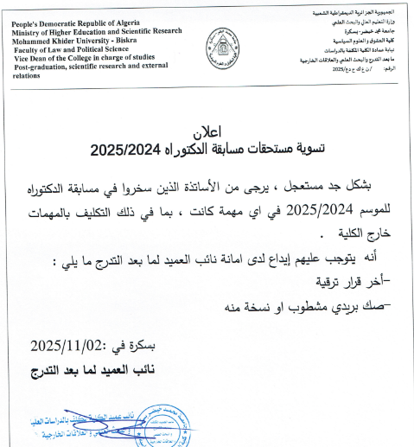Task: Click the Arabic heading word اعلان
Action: pos(207,133)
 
